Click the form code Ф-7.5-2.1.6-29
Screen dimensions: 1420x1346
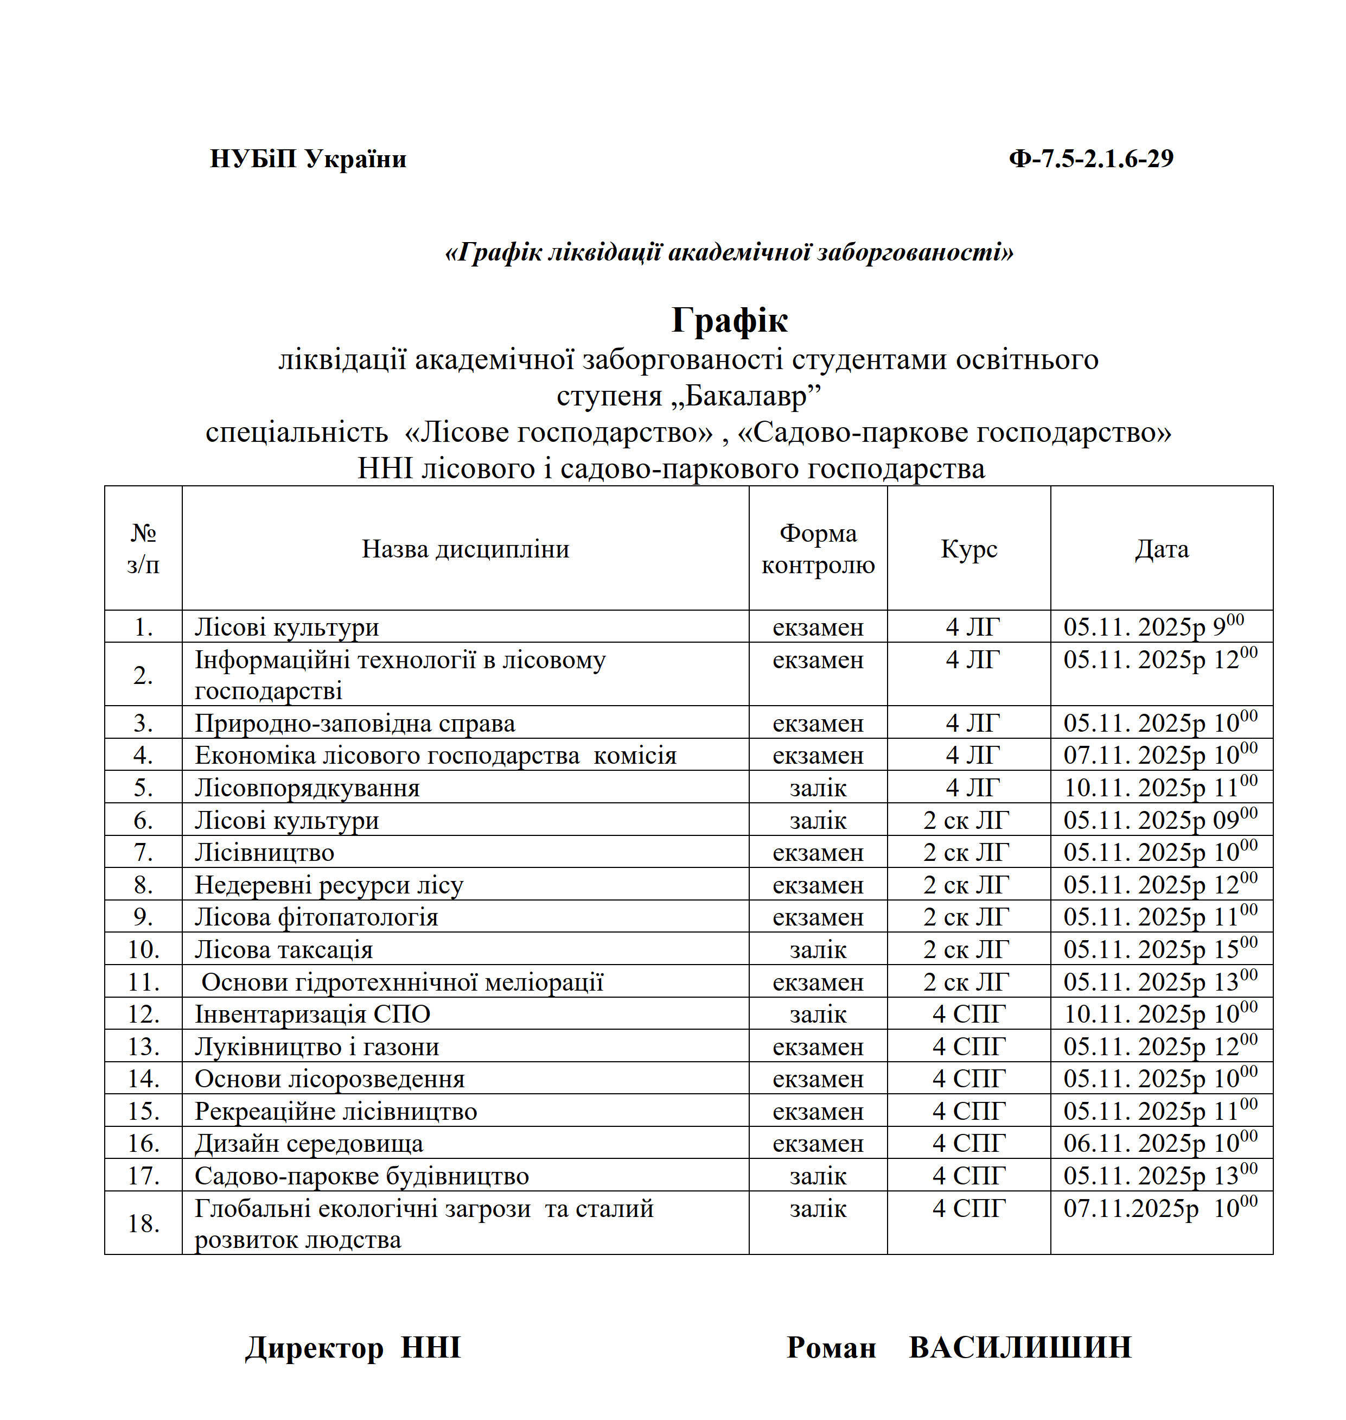[1090, 159]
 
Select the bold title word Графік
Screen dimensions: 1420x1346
[729, 320]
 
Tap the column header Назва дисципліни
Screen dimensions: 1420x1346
[465, 549]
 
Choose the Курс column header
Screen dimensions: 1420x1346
[968, 549]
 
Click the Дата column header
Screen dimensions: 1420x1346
[1161, 549]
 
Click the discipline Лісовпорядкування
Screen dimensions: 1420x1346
[307, 788]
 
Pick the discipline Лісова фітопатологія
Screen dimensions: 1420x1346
[316, 917]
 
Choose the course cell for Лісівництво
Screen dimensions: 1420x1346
[966, 852]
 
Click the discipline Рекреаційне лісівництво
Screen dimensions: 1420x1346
[335, 1111]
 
